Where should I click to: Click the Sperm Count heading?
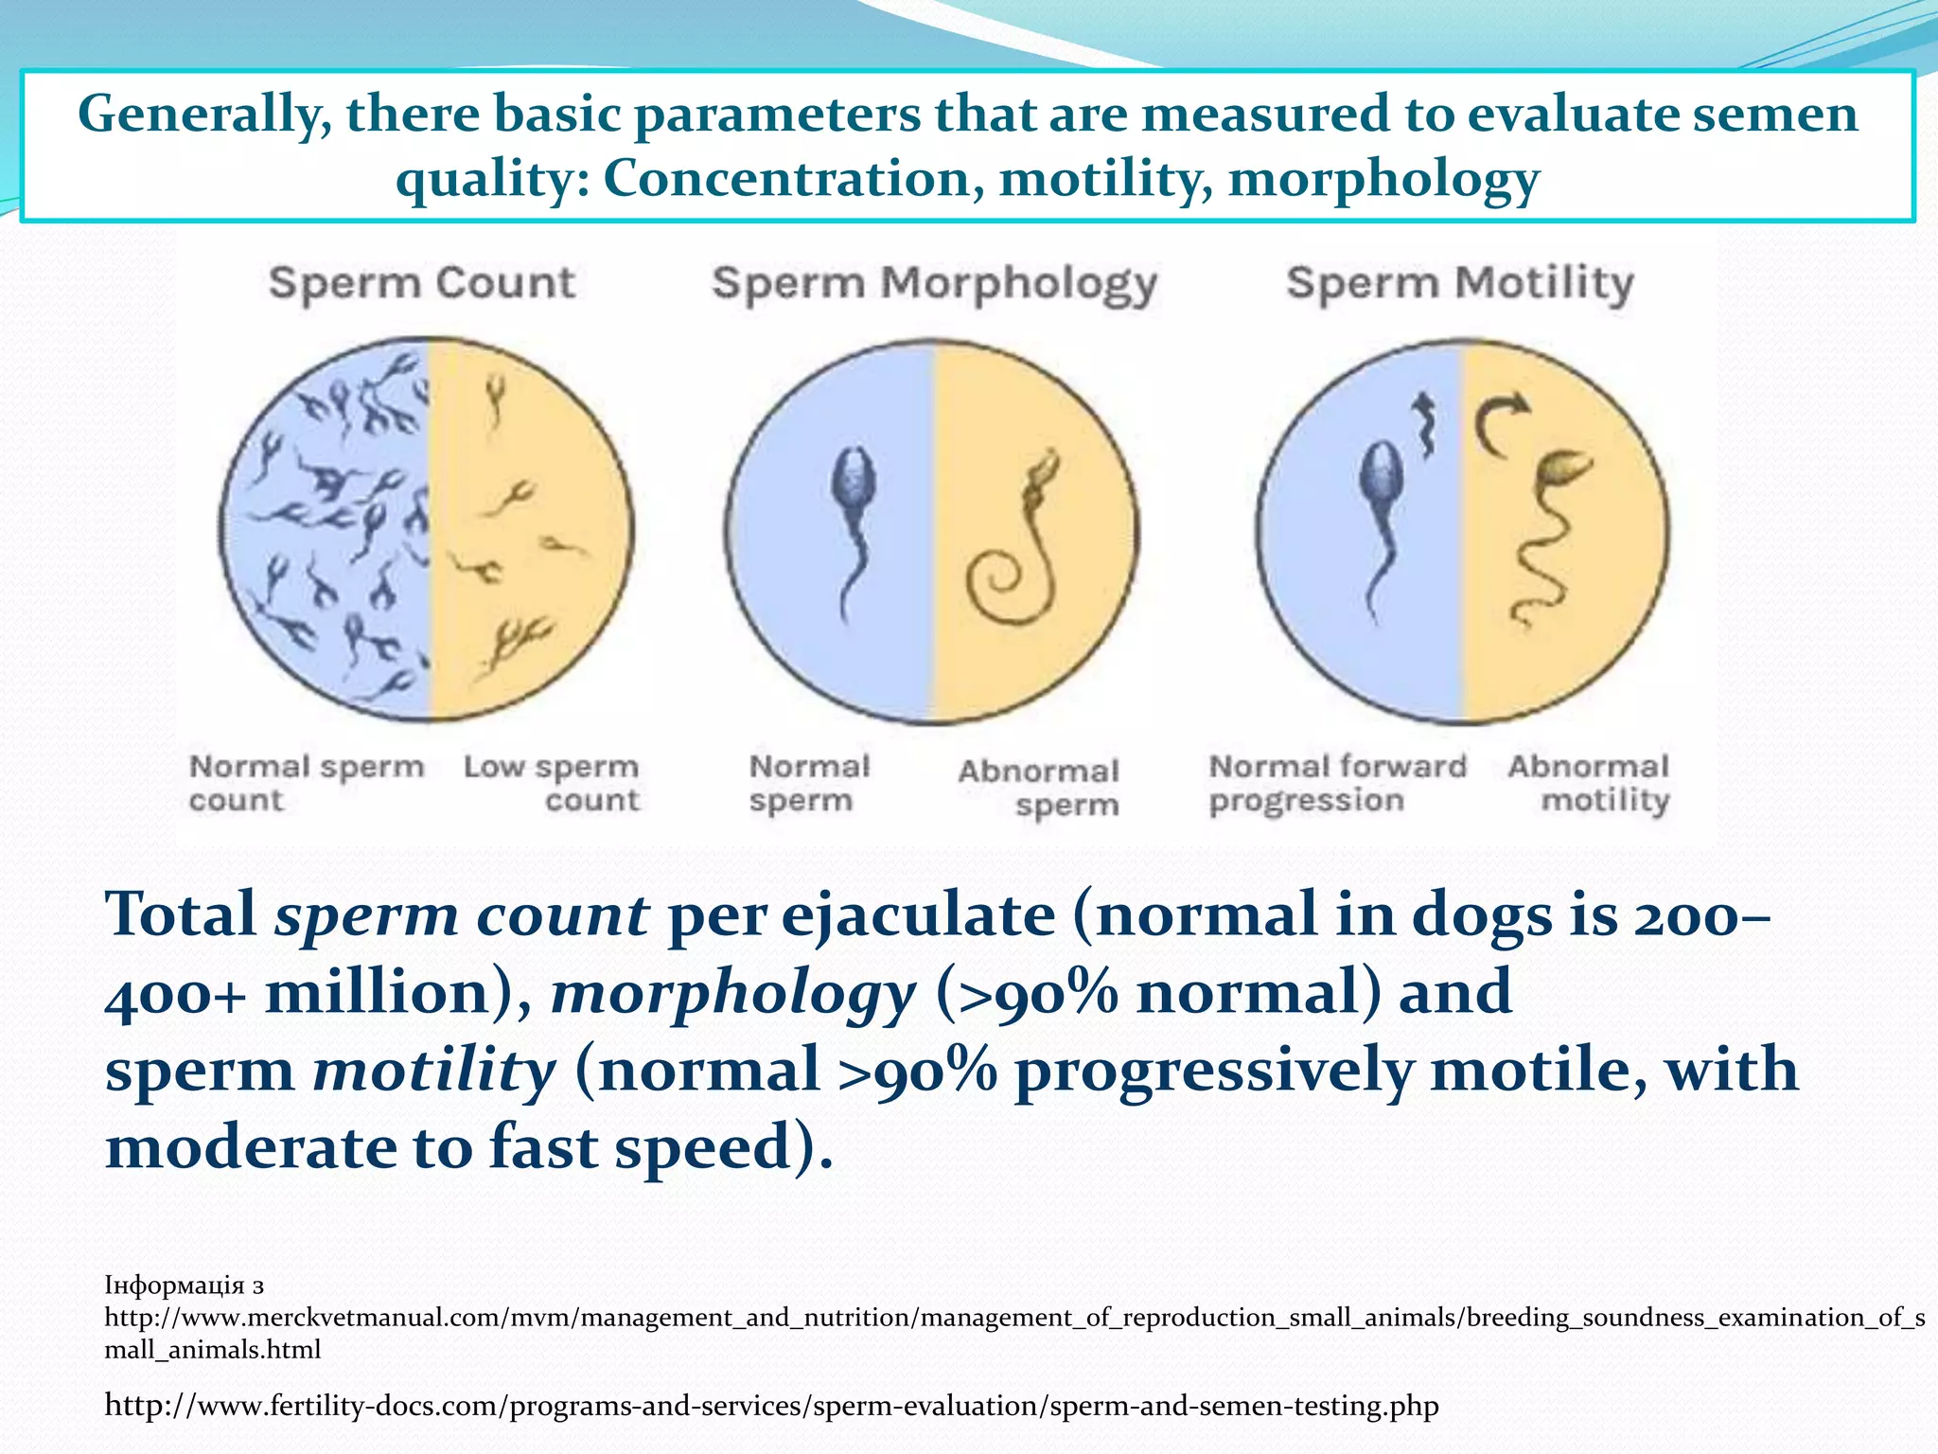click(x=421, y=283)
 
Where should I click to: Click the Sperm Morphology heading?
click(x=934, y=284)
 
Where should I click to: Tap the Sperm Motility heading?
click(x=1459, y=283)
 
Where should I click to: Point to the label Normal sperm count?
click(x=306, y=783)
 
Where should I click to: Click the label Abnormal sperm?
click(x=1039, y=788)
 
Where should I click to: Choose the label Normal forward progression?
click(x=1337, y=783)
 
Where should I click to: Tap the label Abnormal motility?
click(x=1589, y=783)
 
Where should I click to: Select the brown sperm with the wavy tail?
click(x=1552, y=530)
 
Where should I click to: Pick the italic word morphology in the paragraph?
click(x=733, y=994)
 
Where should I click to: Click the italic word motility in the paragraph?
click(x=433, y=1071)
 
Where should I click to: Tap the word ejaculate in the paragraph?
click(x=917, y=916)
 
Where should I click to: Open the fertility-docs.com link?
click(x=770, y=1406)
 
